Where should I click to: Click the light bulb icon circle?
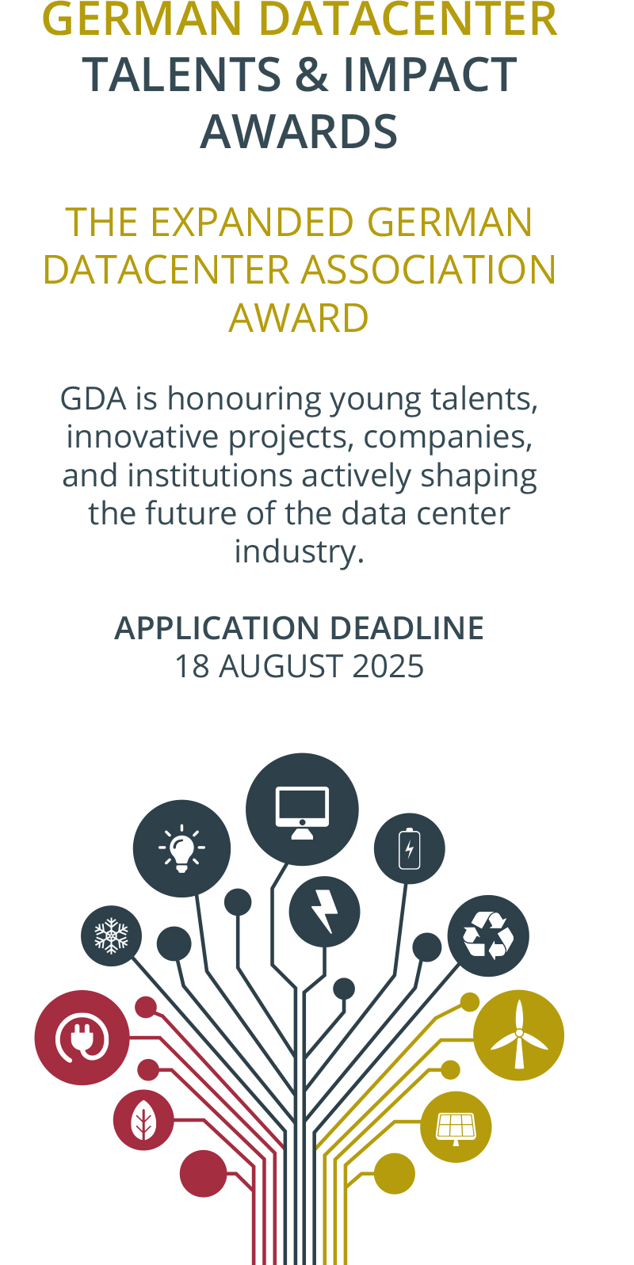point(182,848)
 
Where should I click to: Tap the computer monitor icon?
point(302,813)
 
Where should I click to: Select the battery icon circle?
point(410,848)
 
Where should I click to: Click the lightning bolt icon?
point(325,912)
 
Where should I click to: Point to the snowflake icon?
point(111,935)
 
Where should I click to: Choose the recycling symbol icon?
point(488,935)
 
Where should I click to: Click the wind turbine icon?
point(519,1034)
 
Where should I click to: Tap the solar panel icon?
point(456,1129)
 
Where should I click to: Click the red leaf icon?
point(143,1120)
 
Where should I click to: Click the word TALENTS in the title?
point(182,74)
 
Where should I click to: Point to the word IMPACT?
point(430,74)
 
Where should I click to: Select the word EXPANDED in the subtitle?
point(252,222)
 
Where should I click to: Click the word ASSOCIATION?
point(428,270)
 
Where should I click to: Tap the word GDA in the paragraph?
point(94,398)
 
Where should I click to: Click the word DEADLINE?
point(407,628)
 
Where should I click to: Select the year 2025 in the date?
point(388,666)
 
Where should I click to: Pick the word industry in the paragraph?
point(299,552)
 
